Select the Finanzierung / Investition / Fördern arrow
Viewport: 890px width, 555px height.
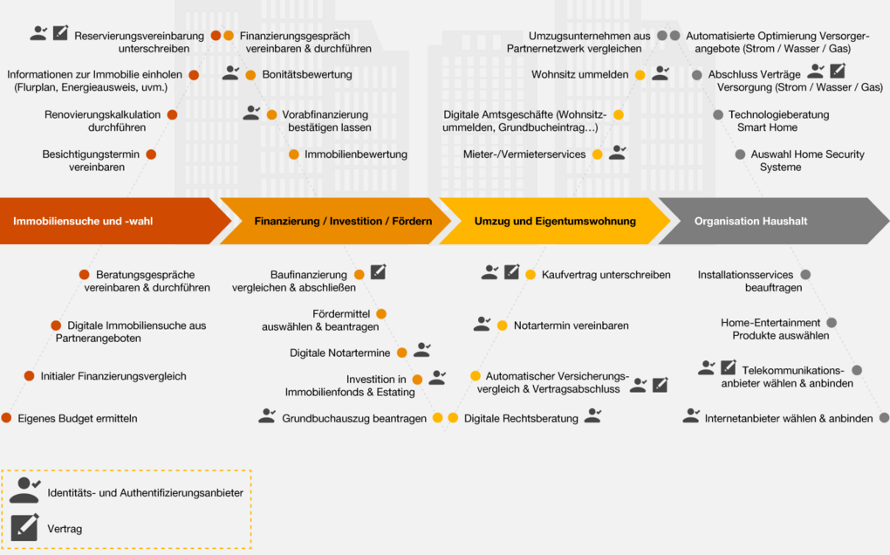coord(335,221)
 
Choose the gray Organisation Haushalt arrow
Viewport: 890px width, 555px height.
coord(773,221)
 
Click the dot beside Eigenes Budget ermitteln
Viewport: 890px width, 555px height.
coord(7,418)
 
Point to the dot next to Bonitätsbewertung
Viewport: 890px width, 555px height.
coord(250,75)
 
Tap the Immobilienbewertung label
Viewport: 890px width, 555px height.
coord(356,154)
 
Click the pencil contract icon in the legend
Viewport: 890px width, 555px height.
coord(25,527)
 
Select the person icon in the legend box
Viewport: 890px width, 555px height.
coord(25,490)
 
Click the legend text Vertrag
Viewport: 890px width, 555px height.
coord(65,529)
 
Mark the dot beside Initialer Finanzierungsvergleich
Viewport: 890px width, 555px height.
coord(30,376)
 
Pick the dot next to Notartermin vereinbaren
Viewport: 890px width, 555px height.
coord(503,325)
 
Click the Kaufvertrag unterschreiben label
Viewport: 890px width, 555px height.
coord(606,275)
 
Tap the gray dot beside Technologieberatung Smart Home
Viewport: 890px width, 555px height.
coord(718,114)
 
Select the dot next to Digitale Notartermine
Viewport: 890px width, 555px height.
coord(402,353)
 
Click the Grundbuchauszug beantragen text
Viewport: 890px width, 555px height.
coord(354,418)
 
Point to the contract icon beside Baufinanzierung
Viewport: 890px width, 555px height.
coord(378,271)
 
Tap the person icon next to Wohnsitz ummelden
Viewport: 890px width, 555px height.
coord(661,72)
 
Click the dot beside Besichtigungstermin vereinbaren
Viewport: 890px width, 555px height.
coord(151,154)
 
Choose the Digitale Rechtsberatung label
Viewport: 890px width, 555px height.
coord(521,418)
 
